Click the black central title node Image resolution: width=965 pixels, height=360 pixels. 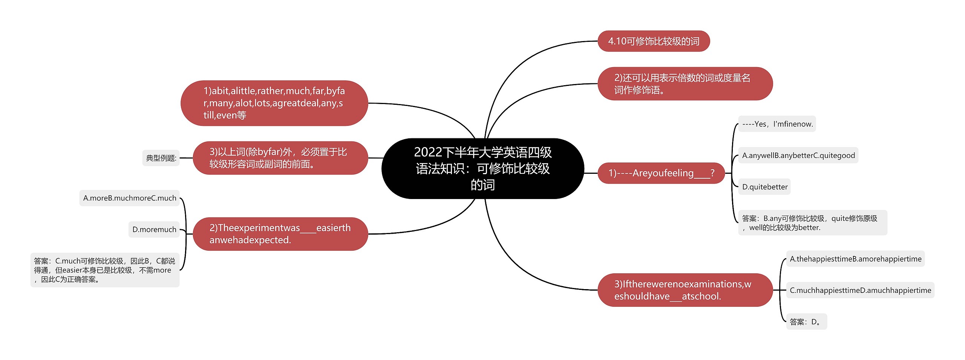click(x=482, y=169)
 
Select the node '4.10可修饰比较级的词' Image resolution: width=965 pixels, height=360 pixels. click(x=653, y=41)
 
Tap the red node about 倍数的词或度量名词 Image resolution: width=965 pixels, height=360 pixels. click(x=685, y=84)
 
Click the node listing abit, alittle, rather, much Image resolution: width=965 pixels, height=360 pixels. click(x=274, y=103)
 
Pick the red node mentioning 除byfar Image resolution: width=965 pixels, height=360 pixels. click(x=280, y=158)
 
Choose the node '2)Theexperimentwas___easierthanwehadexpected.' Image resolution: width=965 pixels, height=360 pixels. click(x=280, y=234)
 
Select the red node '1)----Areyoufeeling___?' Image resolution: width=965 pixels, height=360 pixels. click(x=661, y=173)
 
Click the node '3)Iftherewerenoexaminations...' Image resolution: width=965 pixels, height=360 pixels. click(x=685, y=290)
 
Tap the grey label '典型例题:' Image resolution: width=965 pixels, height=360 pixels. click(x=161, y=158)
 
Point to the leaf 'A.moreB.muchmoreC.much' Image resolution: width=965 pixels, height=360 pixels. click(x=129, y=198)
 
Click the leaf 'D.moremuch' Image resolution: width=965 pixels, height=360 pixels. click(x=154, y=230)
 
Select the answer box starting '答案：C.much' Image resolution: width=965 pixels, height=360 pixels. click(x=105, y=270)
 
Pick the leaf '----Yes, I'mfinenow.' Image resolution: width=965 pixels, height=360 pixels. click(x=777, y=124)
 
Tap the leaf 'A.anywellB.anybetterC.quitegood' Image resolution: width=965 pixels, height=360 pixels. click(x=798, y=155)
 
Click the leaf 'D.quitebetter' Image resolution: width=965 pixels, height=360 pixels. click(x=764, y=187)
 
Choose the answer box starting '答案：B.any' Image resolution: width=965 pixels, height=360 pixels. click(x=812, y=223)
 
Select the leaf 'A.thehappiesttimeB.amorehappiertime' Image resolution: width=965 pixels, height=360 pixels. click(x=855, y=259)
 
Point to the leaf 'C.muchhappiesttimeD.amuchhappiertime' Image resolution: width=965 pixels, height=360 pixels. click(x=860, y=290)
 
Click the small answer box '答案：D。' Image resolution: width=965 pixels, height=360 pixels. click(x=806, y=322)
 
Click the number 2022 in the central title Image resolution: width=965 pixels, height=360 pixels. click(x=428, y=152)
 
